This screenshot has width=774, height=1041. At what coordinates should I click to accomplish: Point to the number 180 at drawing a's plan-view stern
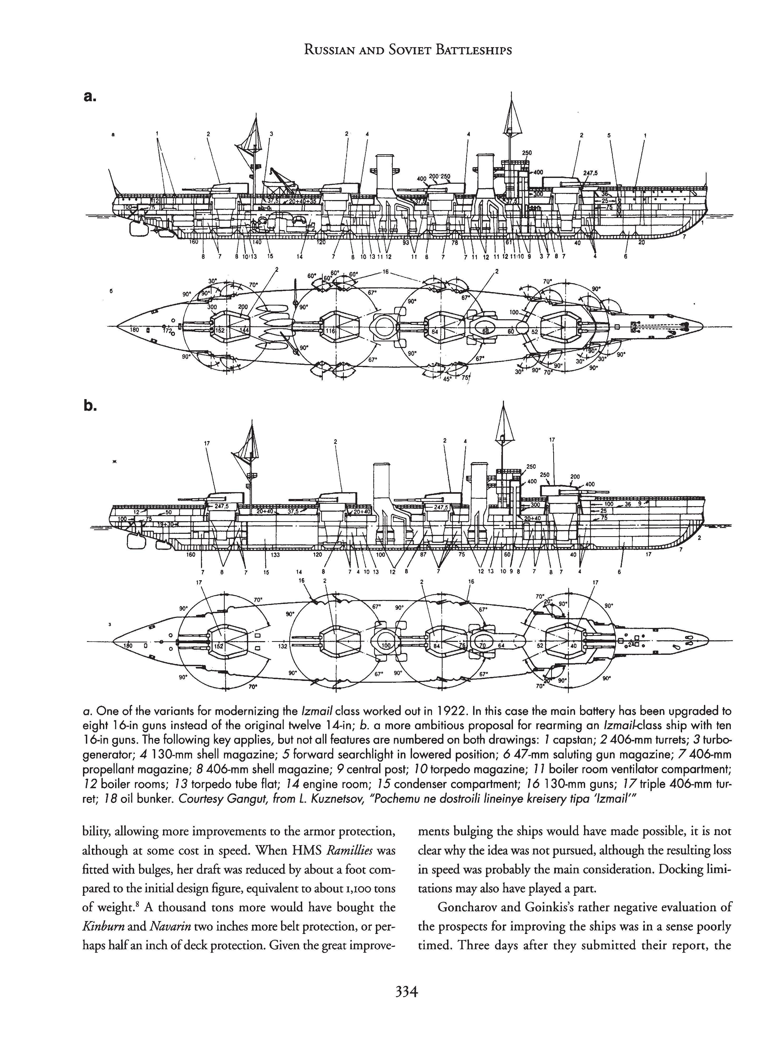coord(134,330)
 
